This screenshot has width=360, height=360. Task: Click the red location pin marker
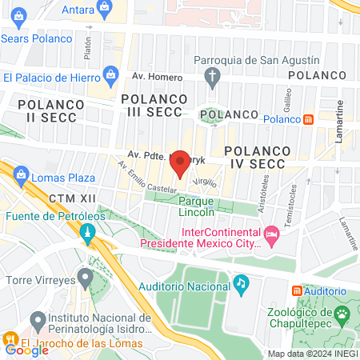click(181, 162)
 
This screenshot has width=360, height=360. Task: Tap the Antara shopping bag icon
click(104, 8)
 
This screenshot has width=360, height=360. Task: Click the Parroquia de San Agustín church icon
click(211, 78)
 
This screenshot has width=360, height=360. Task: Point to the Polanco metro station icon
click(309, 119)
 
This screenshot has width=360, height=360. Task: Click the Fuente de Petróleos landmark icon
click(87, 234)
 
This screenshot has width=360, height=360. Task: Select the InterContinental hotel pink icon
click(270, 234)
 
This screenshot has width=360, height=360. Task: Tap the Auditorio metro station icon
click(298, 290)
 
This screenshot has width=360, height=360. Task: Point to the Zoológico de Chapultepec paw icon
click(342, 314)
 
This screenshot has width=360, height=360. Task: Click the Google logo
click(26, 350)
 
